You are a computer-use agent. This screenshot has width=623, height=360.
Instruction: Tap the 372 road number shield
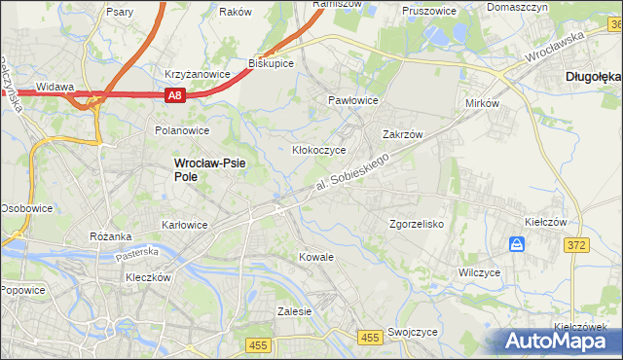pyautogui.click(x=576, y=245)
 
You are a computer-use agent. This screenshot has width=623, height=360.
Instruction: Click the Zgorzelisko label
pyautogui.click(x=417, y=224)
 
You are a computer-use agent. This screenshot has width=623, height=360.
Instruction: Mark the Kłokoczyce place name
pyautogui.click(x=319, y=151)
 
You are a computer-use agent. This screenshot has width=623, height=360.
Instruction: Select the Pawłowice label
pyautogui.click(x=352, y=100)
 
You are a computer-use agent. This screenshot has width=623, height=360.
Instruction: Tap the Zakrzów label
pyautogui.click(x=402, y=135)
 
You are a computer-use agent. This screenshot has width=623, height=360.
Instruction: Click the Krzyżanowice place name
pyautogui.click(x=197, y=74)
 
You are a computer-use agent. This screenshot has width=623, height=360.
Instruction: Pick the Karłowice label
pyautogui.click(x=184, y=224)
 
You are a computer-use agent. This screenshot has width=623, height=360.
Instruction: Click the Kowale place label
pyautogui.click(x=317, y=257)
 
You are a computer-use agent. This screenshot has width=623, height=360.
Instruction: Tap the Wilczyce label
pyautogui.click(x=479, y=272)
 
